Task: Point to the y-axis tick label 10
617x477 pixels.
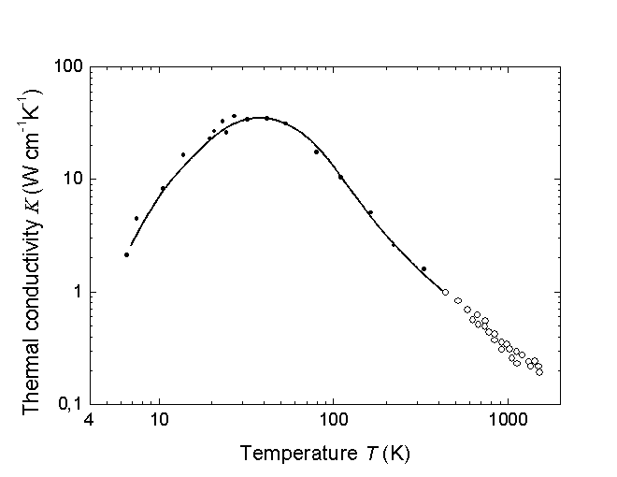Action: pos(72,179)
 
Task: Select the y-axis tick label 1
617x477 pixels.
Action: pos(77,292)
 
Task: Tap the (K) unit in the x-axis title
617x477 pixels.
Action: pos(396,454)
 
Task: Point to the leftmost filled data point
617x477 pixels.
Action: pos(126,254)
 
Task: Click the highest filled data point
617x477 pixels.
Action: pos(234,116)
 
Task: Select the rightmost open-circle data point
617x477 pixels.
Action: pos(539,372)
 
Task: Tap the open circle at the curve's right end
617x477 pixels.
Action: pos(445,292)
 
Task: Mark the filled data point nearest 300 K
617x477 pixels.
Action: pos(423,268)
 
